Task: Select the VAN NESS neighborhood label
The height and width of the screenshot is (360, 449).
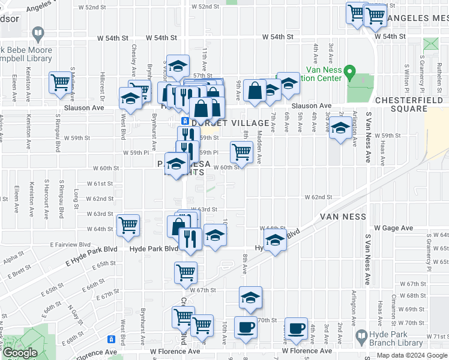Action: [x=343, y=217]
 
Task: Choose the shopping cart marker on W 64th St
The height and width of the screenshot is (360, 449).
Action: [x=128, y=226]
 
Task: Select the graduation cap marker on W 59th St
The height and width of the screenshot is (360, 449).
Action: [x=340, y=127]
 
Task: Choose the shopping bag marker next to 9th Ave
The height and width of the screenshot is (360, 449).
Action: [x=255, y=91]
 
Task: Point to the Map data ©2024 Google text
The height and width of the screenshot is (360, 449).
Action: [x=406, y=355]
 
